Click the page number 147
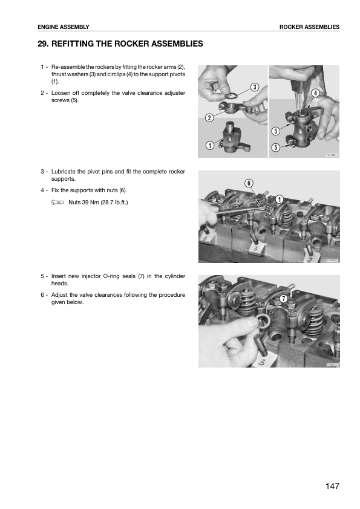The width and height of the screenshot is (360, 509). coord(332,486)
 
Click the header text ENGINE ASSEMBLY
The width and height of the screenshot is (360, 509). coord(64,27)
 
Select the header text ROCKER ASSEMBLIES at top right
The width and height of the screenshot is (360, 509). coord(309,27)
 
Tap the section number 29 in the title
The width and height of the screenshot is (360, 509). coord(43,44)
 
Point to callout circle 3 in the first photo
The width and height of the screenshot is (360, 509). coord(255,87)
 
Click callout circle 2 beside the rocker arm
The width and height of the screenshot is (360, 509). coord(209,117)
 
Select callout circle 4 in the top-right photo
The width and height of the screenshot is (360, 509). coord(315,93)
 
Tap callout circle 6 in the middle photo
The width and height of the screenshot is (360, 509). coord(249,183)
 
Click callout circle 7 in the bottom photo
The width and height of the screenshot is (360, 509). coord(284,299)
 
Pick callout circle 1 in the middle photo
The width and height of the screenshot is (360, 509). coord(280,199)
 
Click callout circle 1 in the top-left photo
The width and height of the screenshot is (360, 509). coord(210,146)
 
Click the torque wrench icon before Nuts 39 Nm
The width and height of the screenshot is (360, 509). coord(57,203)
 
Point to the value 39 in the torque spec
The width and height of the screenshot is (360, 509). coord(85,203)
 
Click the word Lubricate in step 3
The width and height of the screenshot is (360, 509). coord(63,172)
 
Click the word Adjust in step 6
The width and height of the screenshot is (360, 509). coord(59,295)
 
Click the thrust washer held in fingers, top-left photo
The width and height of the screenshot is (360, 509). coord(231,96)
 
